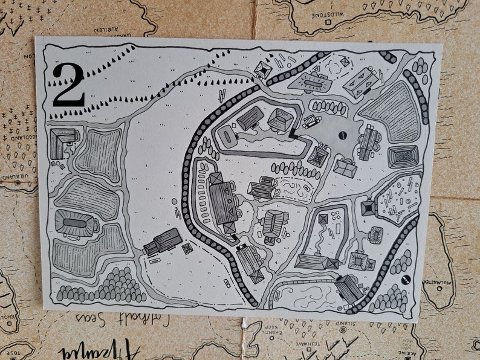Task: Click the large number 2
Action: pos(68,86)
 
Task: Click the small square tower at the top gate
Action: pos(262,69)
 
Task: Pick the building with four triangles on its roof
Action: pos(361,81)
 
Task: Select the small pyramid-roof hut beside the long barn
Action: pos(187,248)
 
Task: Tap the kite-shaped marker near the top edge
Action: pos(345,61)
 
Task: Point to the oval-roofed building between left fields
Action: pos(75,223)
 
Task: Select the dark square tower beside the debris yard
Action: pos(368,208)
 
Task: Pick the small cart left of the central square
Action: pos(311,121)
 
